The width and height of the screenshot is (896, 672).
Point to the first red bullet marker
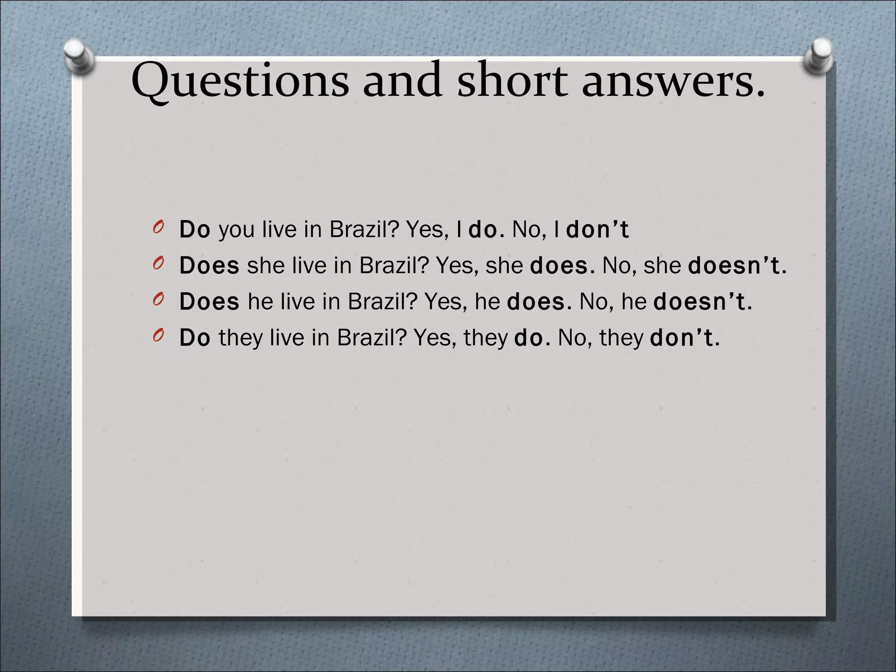(x=158, y=227)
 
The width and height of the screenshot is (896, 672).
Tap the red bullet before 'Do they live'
(x=158, y=335)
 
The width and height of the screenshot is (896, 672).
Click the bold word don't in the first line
(x=597, y=229)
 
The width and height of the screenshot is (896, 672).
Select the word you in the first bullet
(x=236, y=230)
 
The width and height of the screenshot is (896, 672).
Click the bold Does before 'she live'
(x=209, y=265)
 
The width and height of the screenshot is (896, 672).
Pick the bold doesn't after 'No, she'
(x=737, y=265)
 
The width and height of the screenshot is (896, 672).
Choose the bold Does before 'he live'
(x=209, y=301)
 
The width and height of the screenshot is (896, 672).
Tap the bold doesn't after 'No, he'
(x=702, y=301)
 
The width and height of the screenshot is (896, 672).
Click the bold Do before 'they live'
(x=195, y=337)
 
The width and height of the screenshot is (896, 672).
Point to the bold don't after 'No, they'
(x=685, y=337)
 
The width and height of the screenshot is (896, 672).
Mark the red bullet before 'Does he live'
(x=158, y=299)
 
